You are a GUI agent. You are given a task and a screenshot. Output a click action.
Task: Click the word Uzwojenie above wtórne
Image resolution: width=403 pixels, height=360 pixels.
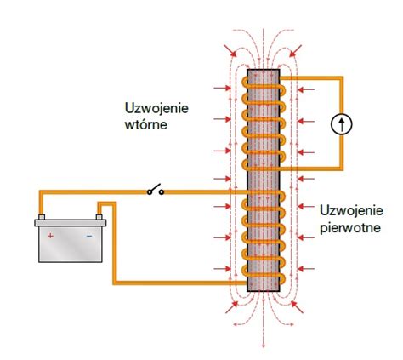156,108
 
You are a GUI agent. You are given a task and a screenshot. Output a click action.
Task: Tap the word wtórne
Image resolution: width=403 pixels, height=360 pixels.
146,125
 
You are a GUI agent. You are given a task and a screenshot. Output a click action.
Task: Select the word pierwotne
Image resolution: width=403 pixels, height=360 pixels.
350,228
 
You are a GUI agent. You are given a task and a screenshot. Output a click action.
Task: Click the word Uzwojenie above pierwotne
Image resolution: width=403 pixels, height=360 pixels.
351,210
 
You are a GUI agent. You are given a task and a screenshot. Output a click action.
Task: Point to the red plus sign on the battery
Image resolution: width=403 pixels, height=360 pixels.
50,236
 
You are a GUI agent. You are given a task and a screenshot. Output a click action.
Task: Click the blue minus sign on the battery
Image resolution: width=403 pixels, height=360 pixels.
89,236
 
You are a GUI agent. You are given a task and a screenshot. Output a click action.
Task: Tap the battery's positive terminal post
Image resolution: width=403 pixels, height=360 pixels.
42,217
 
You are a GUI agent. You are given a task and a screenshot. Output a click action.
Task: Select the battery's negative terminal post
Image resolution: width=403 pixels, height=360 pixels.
99,217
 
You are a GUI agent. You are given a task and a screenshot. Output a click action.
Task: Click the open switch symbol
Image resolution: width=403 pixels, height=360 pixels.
156,190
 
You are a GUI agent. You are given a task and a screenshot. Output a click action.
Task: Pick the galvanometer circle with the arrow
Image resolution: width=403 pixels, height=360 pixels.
342,124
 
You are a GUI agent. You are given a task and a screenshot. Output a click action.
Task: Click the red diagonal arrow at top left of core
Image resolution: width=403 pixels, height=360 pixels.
230,50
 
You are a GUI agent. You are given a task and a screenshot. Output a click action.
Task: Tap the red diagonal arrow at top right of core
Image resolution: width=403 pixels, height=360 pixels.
296,50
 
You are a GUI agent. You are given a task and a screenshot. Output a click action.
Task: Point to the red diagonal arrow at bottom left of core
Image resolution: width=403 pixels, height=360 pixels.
231,307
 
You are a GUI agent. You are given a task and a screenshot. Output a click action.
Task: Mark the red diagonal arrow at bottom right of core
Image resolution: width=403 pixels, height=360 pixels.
297,307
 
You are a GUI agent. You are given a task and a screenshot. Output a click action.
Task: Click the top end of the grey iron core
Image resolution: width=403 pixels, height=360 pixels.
264,70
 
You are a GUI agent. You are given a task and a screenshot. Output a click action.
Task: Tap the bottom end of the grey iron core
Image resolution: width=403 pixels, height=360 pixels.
264,290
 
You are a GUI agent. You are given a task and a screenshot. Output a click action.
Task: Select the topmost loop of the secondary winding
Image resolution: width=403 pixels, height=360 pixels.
264,87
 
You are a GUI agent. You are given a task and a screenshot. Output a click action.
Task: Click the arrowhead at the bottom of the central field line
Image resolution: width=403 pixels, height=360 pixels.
264,345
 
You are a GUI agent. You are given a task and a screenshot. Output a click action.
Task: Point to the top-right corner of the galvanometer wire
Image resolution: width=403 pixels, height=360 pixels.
342,78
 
